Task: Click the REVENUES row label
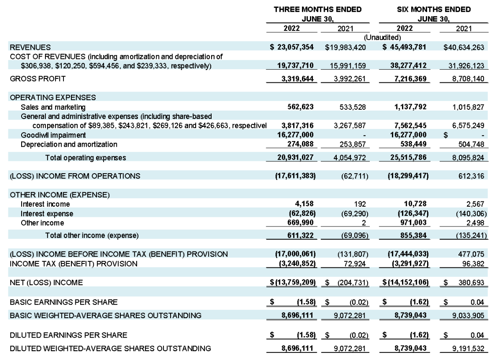pos(30,47)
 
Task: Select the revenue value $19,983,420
pos(346,47)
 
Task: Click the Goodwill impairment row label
pos(53,135)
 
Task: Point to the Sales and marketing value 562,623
pos(300,107)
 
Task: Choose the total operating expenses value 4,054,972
pos(350,157)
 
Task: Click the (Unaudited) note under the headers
pos(382,37)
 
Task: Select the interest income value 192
pos(360,204)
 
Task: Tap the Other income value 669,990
pos(300,223)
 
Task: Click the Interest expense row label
pos(47,214)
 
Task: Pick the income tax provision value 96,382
pos(473,264)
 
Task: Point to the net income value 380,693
pos(471,282)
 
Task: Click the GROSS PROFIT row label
pos(37,78)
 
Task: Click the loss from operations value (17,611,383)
pos(295,176)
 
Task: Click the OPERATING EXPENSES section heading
pos(53,97)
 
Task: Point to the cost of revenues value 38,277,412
pos(408,66)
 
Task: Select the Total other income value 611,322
pos(300,235)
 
